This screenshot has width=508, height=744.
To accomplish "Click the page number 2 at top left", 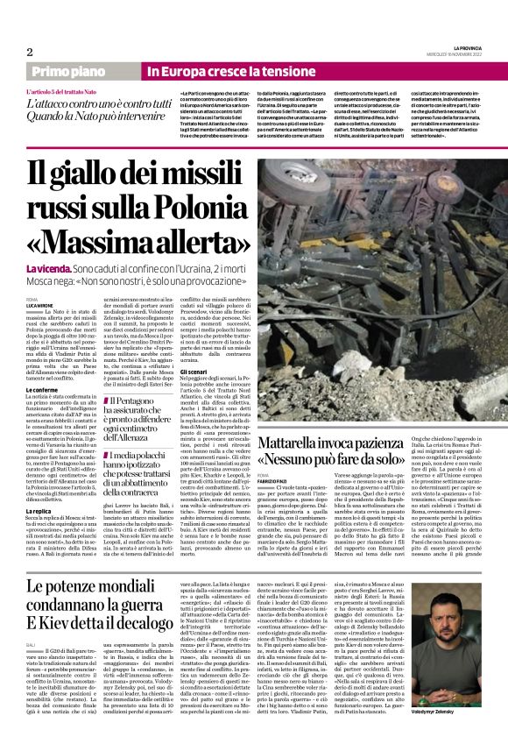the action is click(x=29, y=51).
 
